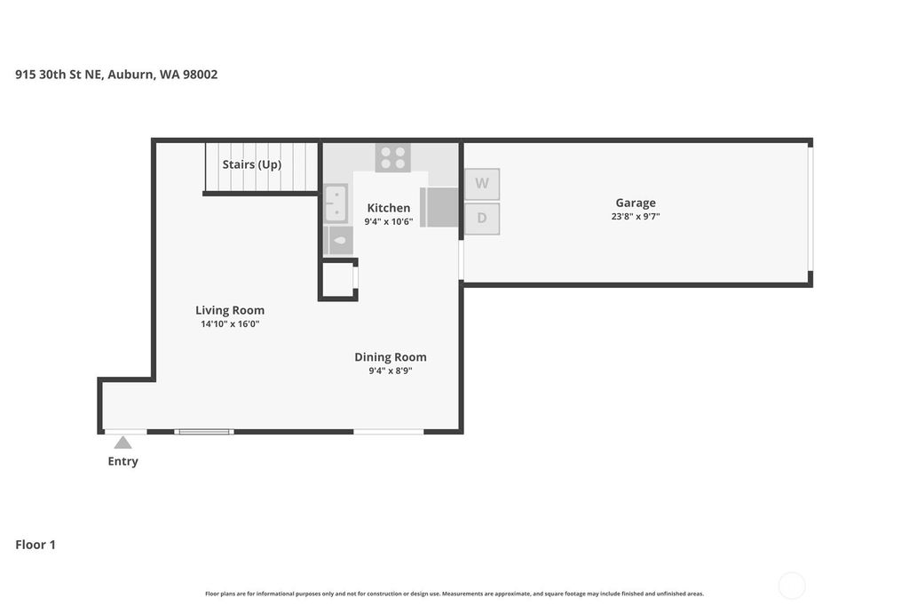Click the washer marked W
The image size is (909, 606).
click(482, 184)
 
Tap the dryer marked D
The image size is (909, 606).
click(482, 219)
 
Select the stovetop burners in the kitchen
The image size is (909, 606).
click(393, 158)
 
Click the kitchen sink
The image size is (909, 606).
click(336, 203)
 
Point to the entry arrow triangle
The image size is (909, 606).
click(123, 443)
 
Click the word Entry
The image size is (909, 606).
click(123, 461)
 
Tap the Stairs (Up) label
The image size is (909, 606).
click(252, 164)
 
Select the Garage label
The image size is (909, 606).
click(636, 203)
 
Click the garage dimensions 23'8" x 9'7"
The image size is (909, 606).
click(636, 217)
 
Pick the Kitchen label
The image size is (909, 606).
click(389, 208)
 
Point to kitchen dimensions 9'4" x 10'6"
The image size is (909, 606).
click(389, 222)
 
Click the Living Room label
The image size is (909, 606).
click(230, 310)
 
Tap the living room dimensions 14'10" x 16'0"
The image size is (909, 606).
click(230, 324)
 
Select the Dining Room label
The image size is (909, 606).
click(391, 357)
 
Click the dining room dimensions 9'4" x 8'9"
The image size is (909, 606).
click(391, 371)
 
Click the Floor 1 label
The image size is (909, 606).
click(36, 545)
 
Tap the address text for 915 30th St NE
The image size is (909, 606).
click(116, 75)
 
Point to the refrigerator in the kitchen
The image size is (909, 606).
click(439, 207)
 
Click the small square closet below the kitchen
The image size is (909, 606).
click(338, 280)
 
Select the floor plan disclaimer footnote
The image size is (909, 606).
click(454, 594)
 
